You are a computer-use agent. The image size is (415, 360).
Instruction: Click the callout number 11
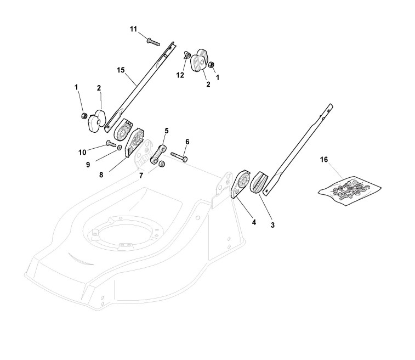pyautogui.click(x=133, y=29)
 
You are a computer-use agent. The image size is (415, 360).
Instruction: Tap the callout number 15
pyautogui.click(x=121, y=70)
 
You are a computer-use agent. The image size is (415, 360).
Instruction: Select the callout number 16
pyautogui.click(x=324, y=159)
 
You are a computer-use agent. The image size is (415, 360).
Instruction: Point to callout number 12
pyautogui.click(x=180, y=75)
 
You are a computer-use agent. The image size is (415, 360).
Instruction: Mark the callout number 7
pyautogui.click(x=141, y=175)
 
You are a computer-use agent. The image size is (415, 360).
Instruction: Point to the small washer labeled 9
pyautogui.click(x=120, y=148)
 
